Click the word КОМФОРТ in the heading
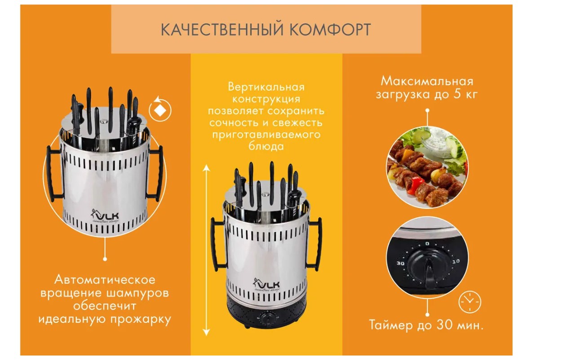click(330, 30)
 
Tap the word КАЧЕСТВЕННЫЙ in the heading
click(222, 30)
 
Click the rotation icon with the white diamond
click(160, 109)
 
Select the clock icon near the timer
click(469, 302)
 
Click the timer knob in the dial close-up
click(428, 269)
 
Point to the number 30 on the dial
click(400, 263)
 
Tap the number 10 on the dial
click(456, 261)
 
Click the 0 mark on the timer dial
click(427, 244)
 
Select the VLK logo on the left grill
click(105, 216)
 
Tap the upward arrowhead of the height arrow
click(206, 168)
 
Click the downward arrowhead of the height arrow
click(206, 332)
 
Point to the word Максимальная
click(427, 81)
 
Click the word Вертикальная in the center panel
click(266, 87)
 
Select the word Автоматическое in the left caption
click(105, 280)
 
